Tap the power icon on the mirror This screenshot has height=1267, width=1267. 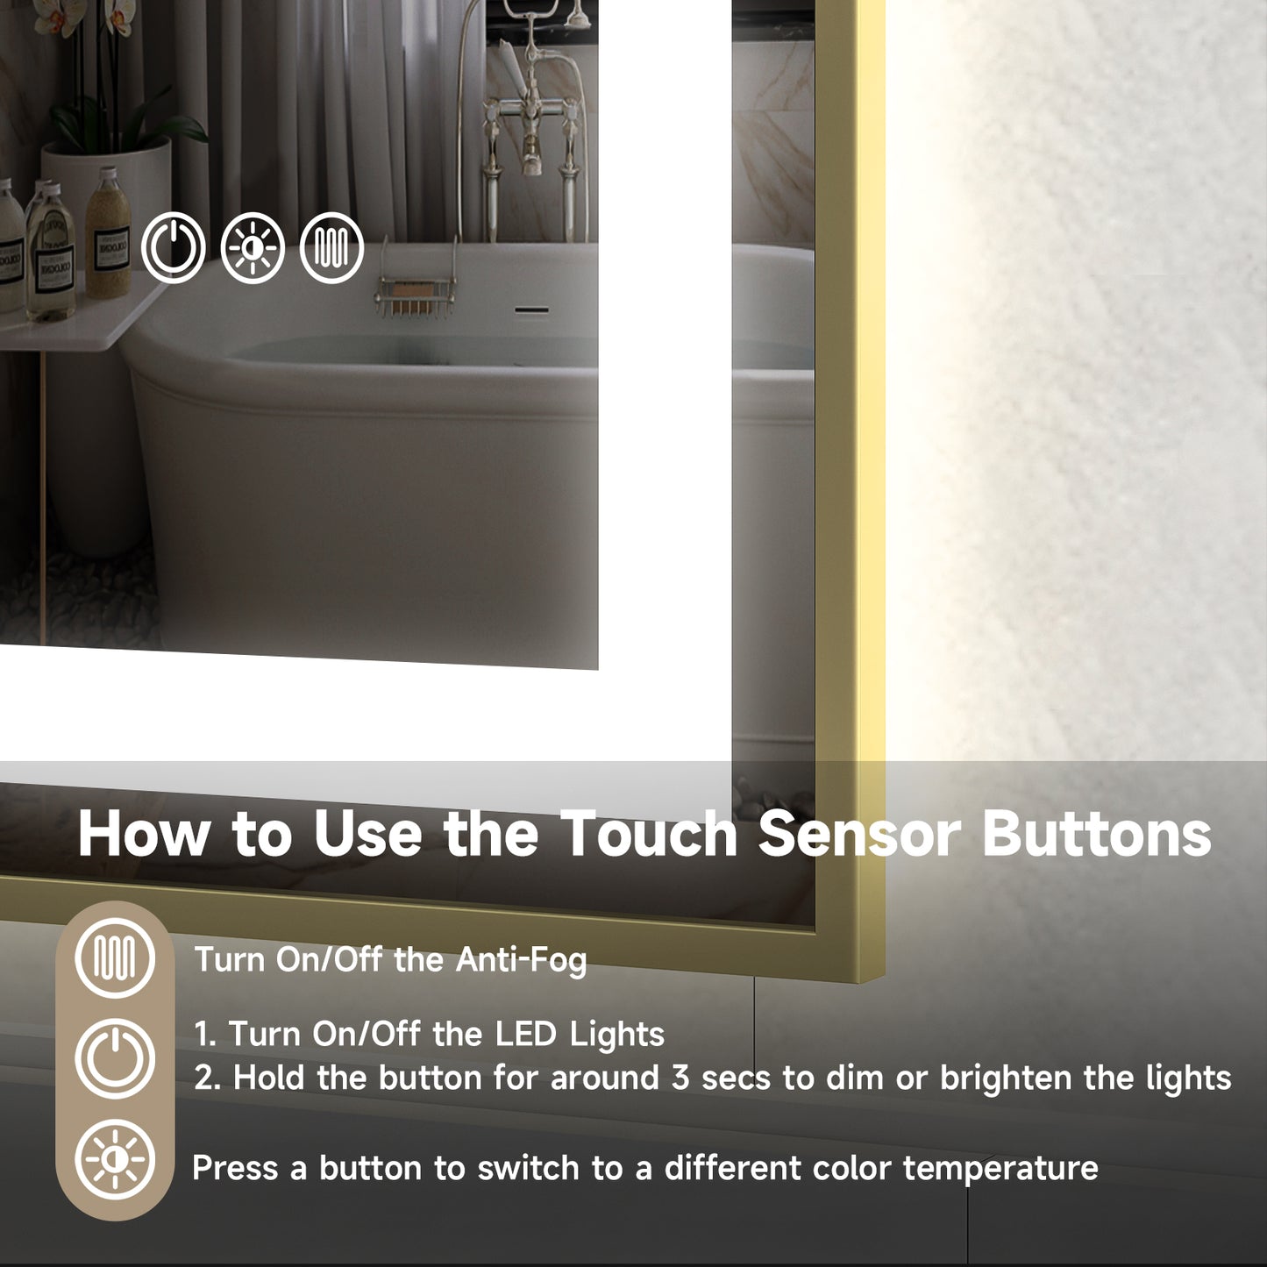[174, 248]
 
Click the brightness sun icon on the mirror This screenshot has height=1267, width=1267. [253, 248]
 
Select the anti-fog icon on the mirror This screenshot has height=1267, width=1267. [331, 248]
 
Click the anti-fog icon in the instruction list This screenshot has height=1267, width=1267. [115, 957]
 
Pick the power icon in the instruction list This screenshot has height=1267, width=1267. [115, 1058]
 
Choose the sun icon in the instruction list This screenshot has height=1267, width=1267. [115, 1160]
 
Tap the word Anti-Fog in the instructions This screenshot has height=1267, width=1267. [521, 959]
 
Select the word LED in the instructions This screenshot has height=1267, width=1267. [526, 1034]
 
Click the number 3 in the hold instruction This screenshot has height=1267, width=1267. [680, 1078]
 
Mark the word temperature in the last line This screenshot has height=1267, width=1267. [1000, 1168]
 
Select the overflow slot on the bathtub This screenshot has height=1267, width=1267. [531, 310]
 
